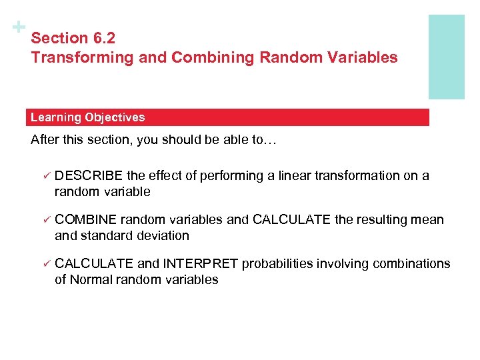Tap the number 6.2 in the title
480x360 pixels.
(103, 39)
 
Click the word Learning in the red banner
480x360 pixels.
(55, 117)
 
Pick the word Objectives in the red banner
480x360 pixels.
(114, 117)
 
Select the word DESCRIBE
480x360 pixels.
(89, 176)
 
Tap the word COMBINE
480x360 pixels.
(86, 220)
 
